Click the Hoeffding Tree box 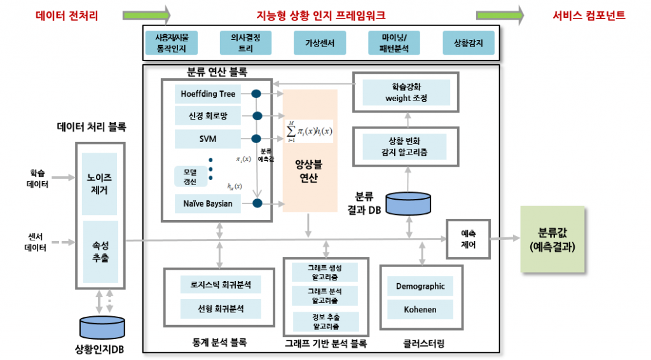click(x=207, y=94)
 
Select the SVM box click(x=207, y=138)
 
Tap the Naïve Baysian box click(x=207, y=204)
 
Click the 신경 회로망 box click(x=207, y=116)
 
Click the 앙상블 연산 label click(x=310, y=170)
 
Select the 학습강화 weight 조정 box click(x=406, y=93)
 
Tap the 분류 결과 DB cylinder click(x=408, y=203)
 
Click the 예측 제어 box click(x=468, y=239)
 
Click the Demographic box click(x=420, y=286)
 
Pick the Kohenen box click(x=420, y=310)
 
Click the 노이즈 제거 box click(x=100, y=183)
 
